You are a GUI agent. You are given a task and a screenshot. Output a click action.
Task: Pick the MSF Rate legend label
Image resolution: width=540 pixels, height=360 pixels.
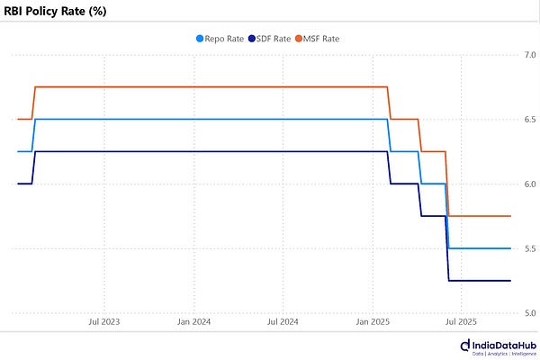click(320, 39)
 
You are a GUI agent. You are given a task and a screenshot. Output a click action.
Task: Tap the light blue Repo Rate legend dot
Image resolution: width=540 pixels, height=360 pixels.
click(200, 39)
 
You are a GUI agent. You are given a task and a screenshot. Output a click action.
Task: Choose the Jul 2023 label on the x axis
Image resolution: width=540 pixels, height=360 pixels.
click(104, 321)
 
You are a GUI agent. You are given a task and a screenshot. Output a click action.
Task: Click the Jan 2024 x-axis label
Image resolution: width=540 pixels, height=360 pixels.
click(193, 321)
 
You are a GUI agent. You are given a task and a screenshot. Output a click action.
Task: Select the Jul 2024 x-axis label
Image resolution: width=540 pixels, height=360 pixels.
click(283, 321)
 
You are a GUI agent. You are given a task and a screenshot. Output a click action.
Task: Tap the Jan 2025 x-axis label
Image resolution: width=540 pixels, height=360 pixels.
click(373, 321)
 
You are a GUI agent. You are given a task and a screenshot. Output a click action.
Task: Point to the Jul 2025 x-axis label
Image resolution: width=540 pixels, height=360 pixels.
click(462, 321)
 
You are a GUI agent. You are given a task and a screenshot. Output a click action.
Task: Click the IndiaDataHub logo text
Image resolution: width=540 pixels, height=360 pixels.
click(502, 345)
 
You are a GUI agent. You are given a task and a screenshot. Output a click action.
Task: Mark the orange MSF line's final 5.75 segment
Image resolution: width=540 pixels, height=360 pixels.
click(481, 216)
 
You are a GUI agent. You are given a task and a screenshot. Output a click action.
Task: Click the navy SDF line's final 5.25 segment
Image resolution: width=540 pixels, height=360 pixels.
click(481, 281)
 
